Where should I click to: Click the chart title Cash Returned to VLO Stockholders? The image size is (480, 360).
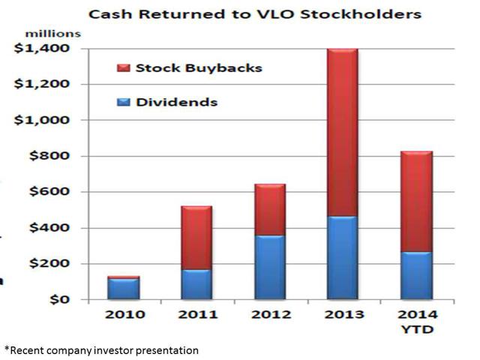coord(255,14)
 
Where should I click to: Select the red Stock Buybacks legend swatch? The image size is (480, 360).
coord(123,68)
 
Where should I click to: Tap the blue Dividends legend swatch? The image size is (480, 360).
coord(123,102)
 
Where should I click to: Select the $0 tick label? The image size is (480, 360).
coord(60,299)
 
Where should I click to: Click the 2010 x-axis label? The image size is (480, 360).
coord(125,315)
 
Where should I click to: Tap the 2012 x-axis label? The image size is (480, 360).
coord(271,315)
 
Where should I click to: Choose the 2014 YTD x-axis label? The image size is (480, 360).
coord(418,322)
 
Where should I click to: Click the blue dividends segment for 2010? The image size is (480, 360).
coord(124,289)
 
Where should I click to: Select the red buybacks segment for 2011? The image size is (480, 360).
coord(196,238)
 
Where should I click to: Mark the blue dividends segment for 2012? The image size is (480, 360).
coord(270,267)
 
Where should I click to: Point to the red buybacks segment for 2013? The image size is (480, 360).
coord(343,133)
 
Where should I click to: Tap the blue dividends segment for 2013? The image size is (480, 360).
coord(343,258)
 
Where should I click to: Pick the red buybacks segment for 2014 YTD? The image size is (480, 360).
coord(417,202)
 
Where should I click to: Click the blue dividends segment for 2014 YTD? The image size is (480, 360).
coord(417,276)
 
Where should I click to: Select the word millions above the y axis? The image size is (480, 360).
coord(53,34)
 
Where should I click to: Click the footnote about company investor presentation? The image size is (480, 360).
coord(102,350)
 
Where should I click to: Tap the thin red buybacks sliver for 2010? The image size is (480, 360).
coord(124,277)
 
